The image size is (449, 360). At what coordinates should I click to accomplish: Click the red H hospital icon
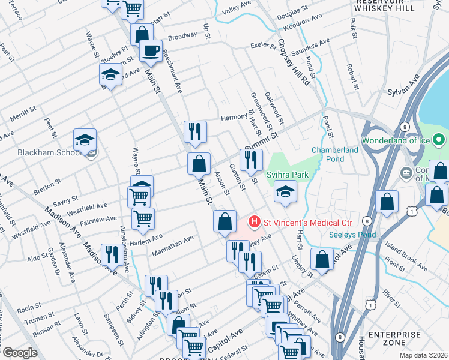255,222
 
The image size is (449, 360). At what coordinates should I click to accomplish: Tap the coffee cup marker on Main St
151,50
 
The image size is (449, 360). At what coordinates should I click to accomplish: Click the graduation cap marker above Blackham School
85,140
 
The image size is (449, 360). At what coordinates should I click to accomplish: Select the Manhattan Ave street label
173,246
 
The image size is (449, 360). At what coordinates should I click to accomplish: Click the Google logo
20,353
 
